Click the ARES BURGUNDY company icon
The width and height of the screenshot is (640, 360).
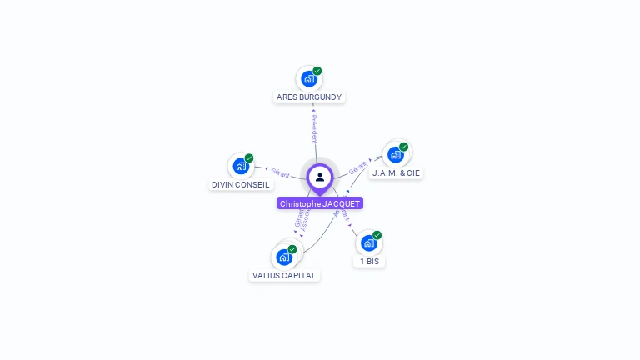coord(309,79)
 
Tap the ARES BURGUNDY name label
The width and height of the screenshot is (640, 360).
coord(309,97)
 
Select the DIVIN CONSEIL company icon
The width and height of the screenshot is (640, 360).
coord(241,166)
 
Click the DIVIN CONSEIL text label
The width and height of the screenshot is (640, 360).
coord(241,185)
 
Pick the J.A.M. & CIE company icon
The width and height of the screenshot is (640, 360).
coord(396,154)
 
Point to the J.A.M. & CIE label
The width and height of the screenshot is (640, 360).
coord(396,173)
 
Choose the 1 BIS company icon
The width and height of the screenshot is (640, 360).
coord(369,242)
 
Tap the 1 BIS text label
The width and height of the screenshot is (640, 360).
coord(369,262)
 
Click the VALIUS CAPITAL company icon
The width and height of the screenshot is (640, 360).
coord(283,257)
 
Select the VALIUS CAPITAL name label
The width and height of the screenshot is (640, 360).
coord(284,276)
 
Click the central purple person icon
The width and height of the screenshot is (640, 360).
coord(320,177)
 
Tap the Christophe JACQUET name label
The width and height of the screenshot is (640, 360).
coord(320,203)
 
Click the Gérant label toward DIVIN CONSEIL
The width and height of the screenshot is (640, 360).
coord(280,172)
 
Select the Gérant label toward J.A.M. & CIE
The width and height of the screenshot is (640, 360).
coord(357,167)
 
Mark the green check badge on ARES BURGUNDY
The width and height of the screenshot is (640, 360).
coord(317,71)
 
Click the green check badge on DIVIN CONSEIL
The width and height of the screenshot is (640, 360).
coord(249,158)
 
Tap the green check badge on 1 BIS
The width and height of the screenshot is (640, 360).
coord(377,235)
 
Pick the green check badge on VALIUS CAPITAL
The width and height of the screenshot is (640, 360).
coord(292,249)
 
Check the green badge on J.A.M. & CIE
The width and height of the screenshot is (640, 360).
coord(404,147)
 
